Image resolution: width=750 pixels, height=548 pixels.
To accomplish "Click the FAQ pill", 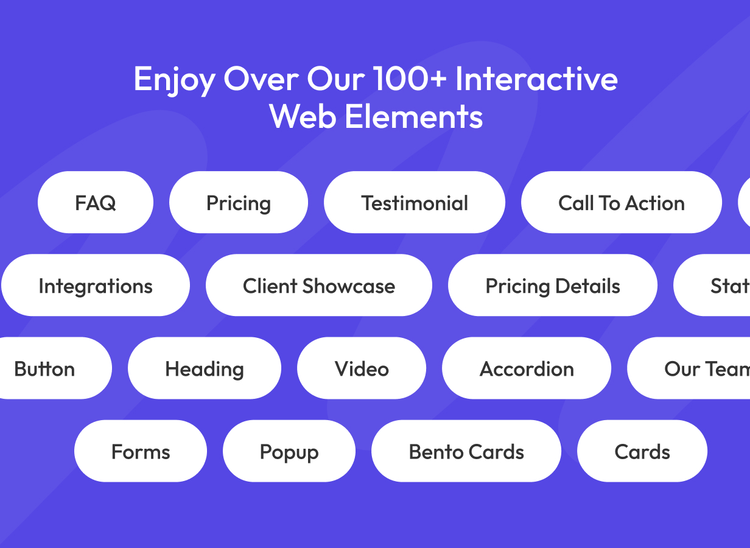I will (x=96, y=203).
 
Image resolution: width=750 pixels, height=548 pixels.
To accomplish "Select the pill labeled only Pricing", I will (x=239, y=203).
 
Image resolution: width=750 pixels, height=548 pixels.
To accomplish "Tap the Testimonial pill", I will (x=415, y=203).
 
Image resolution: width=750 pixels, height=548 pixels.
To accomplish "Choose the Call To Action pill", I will (x=622, y=203).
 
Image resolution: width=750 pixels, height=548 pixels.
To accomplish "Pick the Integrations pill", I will (x=96, y=286).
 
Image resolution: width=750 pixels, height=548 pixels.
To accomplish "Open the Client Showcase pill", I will (x=319, y=286).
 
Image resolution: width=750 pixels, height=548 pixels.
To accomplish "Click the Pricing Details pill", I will (x=553, y=286).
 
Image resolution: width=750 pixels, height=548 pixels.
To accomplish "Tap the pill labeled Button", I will (x=49, y=368).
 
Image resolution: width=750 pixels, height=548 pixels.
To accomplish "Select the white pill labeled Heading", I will (x=205, y=368).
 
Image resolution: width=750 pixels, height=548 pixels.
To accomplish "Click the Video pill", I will (x=362, y=368).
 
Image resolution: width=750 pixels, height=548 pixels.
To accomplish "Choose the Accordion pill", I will (x=527, y=368).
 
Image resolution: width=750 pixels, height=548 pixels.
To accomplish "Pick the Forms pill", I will (x=141, y=451).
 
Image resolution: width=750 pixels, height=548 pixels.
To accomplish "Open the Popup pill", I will (x=289, y=451).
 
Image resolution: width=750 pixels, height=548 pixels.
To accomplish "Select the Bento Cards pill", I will (x=466, y=451).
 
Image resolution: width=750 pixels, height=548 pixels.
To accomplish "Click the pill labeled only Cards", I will (x=642, y=451).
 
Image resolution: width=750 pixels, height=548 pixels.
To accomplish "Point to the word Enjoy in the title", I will (x=173, y=80).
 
